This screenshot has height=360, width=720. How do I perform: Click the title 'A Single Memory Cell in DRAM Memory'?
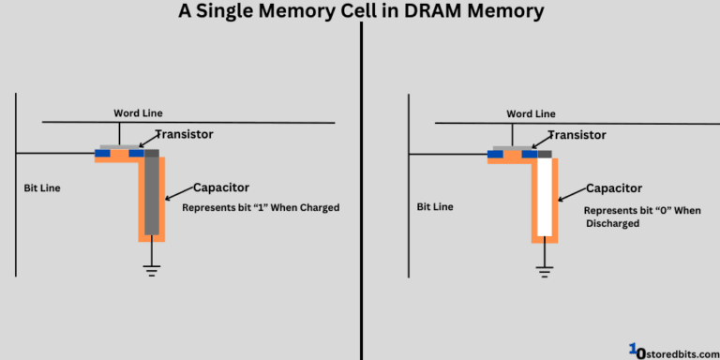360,11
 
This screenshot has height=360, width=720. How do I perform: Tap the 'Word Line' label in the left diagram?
138,112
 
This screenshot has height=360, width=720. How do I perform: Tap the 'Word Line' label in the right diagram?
531,113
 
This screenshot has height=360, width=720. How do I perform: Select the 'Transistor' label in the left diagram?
184,134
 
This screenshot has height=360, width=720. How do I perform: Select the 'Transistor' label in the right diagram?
577,135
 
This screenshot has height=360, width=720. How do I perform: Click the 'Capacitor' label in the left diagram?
220,187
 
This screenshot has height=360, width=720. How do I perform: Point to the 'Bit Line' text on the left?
41,188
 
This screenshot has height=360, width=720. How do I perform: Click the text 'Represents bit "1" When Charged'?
260,207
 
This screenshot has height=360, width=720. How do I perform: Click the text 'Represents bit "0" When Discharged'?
642,217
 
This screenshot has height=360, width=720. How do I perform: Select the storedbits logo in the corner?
670,349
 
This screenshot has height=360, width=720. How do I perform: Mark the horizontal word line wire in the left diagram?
234,122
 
